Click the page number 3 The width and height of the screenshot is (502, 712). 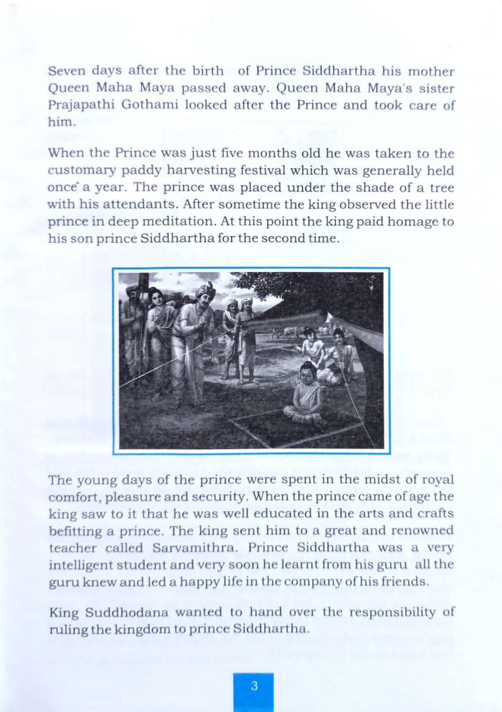[x=254, y=685]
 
